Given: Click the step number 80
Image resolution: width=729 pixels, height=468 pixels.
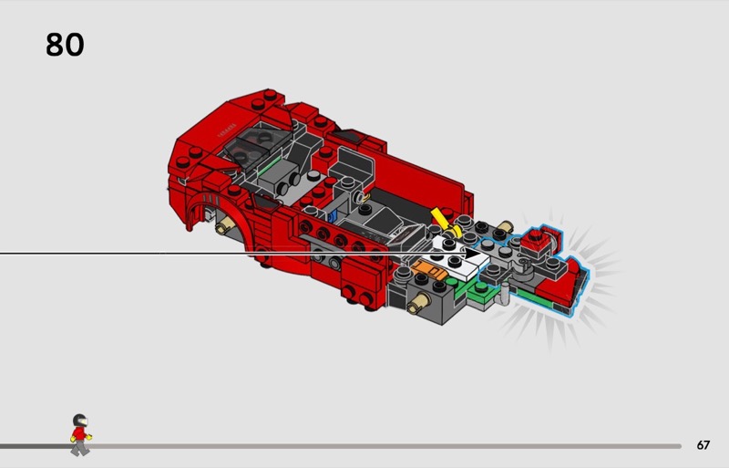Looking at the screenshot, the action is pos(65,45).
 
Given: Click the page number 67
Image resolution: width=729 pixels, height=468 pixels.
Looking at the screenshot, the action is pos(703,445).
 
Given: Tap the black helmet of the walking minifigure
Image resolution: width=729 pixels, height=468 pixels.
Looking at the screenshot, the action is pos(80,421).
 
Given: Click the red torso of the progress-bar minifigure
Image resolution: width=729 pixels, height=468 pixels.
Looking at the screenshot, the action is pos(79,434).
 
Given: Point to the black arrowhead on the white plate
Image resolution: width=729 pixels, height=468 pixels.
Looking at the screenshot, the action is pos(473,254).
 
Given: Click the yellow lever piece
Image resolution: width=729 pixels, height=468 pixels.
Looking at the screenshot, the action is pos(445,222).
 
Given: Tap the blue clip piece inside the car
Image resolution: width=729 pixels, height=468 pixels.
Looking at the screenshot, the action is pos(332,215).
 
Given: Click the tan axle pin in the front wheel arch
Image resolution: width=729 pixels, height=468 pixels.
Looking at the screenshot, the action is pos(225,225).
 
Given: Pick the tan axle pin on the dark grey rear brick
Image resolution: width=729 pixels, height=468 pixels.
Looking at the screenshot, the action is pos(418,303).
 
